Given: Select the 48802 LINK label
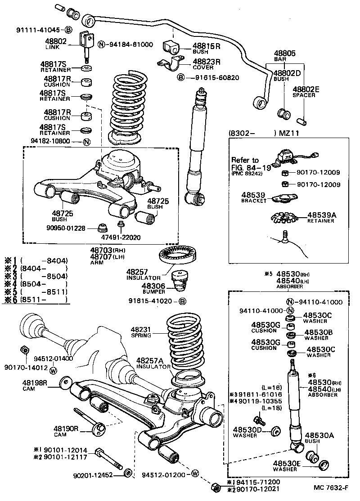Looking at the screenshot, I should [56, 43].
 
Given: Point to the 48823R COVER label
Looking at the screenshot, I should [206, 64].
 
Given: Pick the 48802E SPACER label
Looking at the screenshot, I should [306, 92].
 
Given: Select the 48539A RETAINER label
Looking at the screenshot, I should [321, 218].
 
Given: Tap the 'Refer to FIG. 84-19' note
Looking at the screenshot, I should [246, 166].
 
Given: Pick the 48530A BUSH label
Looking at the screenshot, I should [319, 438].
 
